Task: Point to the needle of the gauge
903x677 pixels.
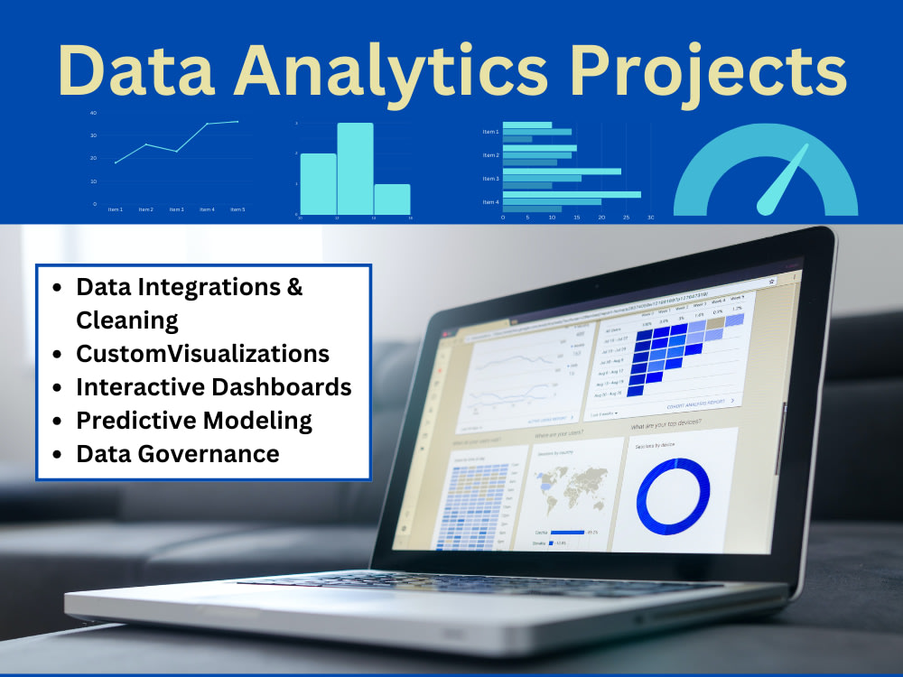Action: tap(782, 180)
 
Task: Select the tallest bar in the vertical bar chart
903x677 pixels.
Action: tap(355, 168)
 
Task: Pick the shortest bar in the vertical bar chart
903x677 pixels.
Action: tap(392, 199)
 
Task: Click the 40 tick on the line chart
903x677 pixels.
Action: tap(93, 113)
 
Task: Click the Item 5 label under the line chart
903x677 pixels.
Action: tap(237, 209)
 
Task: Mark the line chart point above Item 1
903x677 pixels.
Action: tap(116, 162)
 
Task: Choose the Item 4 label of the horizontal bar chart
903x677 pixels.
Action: tap(490, 201)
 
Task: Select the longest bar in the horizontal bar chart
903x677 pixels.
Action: tap(572, 194)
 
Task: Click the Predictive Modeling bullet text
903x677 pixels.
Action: tap(194, 421)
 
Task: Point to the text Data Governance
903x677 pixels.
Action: tap(178, 453)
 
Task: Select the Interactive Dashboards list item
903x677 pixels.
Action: tap(214, 387)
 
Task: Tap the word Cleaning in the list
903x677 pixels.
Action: tap(127, 320)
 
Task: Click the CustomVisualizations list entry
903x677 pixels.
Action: tap(203, 354)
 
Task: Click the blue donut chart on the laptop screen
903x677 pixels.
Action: tap(673, 494)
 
